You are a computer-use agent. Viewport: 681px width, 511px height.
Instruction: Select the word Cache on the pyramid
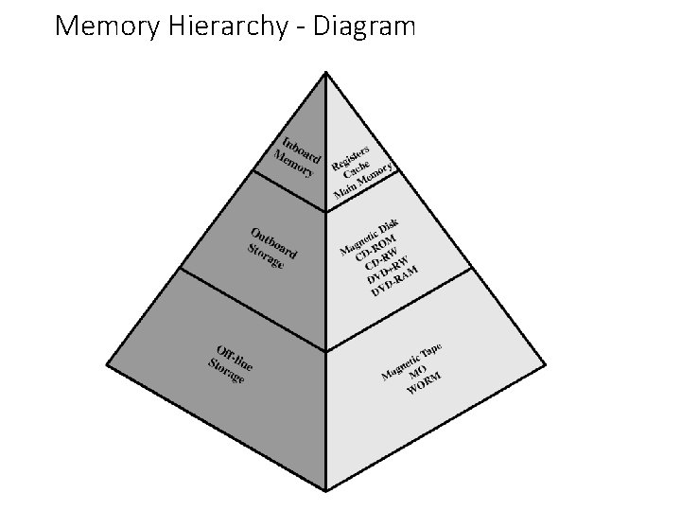pos(357,170)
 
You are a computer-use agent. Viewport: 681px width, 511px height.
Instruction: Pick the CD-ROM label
pos(375,245)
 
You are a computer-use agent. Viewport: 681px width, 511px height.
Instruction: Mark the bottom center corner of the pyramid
pos(326,490)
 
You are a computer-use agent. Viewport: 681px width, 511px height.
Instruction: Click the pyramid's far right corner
pos(547,364)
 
